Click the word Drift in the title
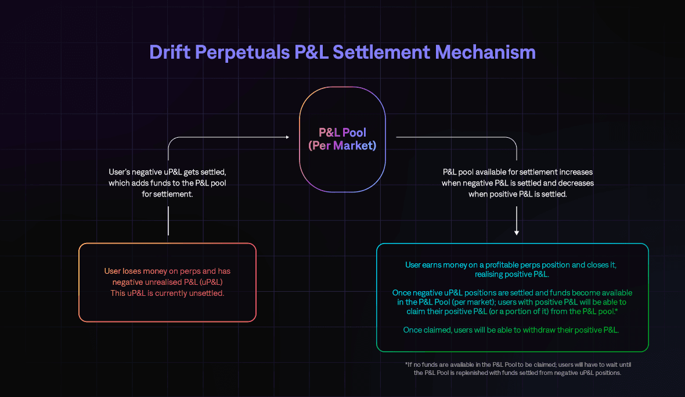pos(170,52)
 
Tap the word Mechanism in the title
pos(485,52)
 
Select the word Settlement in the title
pos(381,52)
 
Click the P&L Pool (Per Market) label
pos(342,139)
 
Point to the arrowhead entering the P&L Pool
pos(287,137)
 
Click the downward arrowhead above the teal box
pos(517,233)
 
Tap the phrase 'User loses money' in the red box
pos(135,271)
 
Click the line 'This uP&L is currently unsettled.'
pos(167,293)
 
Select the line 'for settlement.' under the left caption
pos(167,194)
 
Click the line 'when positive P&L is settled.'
pos(518,194)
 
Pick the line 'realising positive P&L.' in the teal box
pos(512,274)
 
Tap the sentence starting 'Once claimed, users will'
pos(511,330)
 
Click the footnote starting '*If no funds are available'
pos(518,369)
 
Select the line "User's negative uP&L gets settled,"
pos(167,172)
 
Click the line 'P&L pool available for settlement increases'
pos(518,172)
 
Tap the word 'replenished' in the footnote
pos(474,373)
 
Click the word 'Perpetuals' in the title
pos(243,53)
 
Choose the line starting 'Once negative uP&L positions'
pos(512,293)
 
